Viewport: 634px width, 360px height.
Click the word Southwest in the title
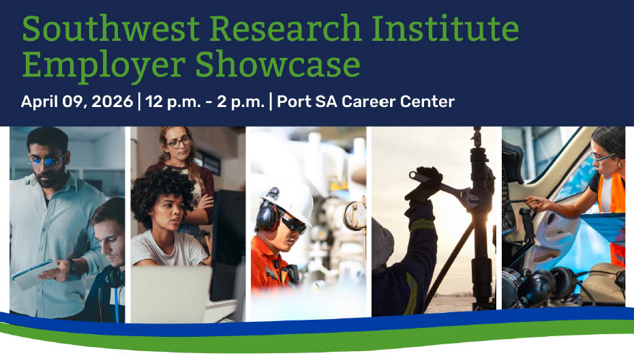coord(110,29)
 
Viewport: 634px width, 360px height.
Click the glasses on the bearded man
coord(46,162)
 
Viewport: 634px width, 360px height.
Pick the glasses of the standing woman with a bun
coord(179,142)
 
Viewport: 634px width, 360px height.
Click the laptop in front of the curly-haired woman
coord(170,293)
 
